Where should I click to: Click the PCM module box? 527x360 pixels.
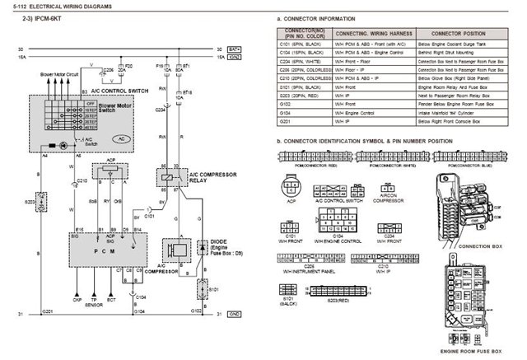pos(108,250)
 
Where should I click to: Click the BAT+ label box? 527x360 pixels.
pos(234,49)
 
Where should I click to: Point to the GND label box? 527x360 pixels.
pos(234,314)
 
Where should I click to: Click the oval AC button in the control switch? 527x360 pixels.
pos(122,139)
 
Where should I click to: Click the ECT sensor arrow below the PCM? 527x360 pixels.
pos(111,291)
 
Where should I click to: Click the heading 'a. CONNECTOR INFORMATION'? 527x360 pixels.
pos(316,17)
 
